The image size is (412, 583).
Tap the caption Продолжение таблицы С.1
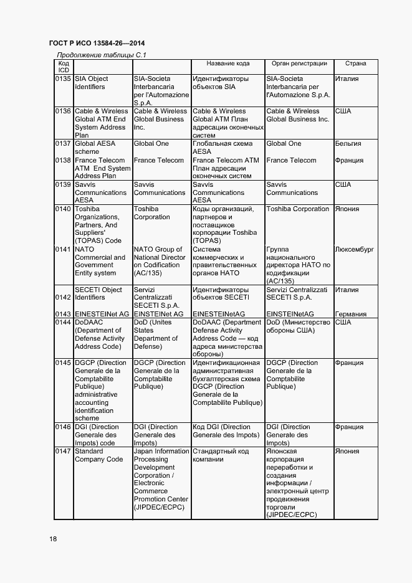(x=101, y=55)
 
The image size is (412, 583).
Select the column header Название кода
(x=228, y=64)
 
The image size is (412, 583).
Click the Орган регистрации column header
(x=299, y=64)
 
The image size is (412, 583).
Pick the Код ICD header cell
(x=64, y=67)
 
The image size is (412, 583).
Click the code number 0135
(x=64, y=79)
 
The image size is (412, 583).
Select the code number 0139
(x=64, y=185)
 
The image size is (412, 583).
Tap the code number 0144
(x=64, y=323)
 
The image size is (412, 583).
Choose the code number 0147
(x=64, y=451)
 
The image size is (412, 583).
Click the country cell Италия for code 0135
(x=347, y=79)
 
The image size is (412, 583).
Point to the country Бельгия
(x=348, y=144)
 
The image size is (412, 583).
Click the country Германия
(x=350, y=315)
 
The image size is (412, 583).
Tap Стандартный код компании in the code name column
(x=221, y=455)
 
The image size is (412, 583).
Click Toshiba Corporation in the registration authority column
(x=298, y=209)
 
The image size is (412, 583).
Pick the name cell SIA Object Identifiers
(x=91, y=83)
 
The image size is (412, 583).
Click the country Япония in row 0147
(x=347, y=451)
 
